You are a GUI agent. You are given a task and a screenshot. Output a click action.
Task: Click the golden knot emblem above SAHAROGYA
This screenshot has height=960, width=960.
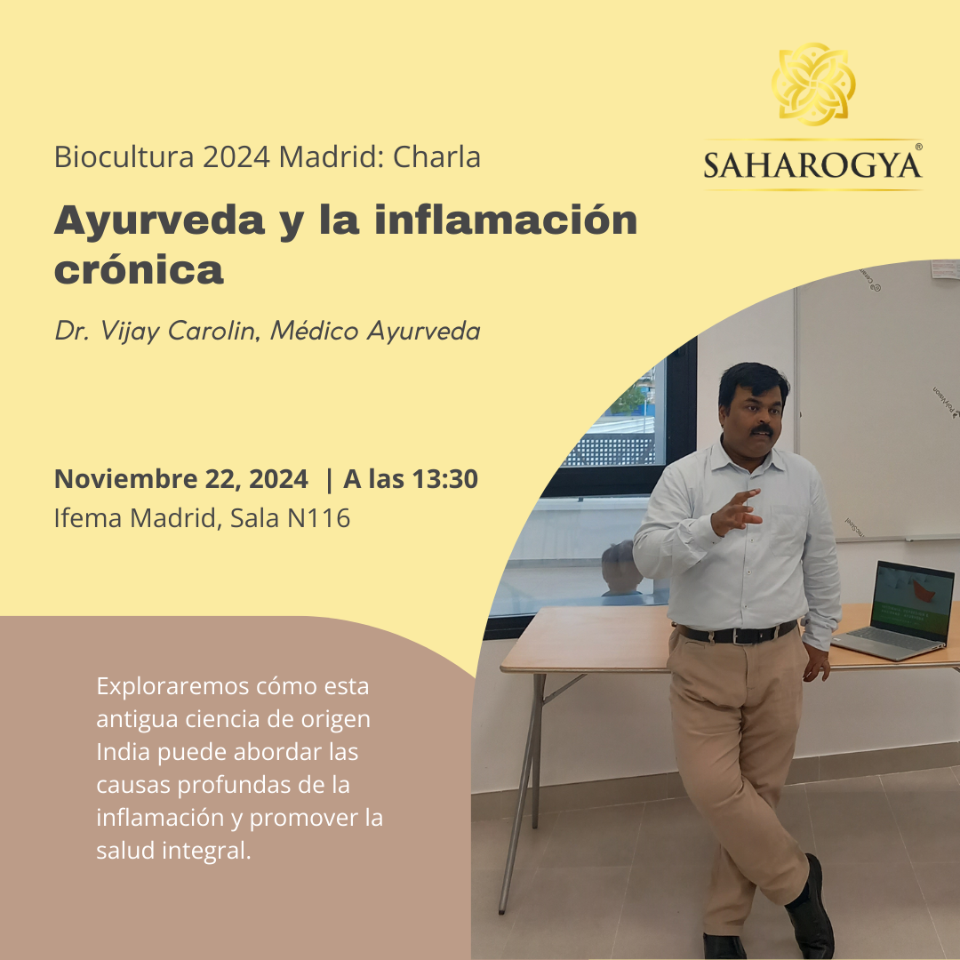(813, 84)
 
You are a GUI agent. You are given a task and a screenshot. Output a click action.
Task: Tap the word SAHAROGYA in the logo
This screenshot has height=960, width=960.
(812, 165)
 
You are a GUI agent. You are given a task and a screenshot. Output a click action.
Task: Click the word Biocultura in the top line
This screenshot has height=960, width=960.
(124, 156)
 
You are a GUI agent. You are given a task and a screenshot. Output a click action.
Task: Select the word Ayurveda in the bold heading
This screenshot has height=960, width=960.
(159, 220)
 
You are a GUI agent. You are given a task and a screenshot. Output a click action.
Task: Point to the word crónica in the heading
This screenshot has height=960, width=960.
(139, 269)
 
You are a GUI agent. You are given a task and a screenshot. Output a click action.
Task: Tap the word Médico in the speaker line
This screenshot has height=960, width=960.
(314, 331)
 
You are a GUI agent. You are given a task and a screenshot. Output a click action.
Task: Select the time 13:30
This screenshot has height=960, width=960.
(444, 479)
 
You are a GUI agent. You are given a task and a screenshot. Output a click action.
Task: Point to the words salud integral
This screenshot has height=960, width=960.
(173, 851)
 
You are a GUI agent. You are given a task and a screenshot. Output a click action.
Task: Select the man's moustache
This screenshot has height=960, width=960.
(763, 430)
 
